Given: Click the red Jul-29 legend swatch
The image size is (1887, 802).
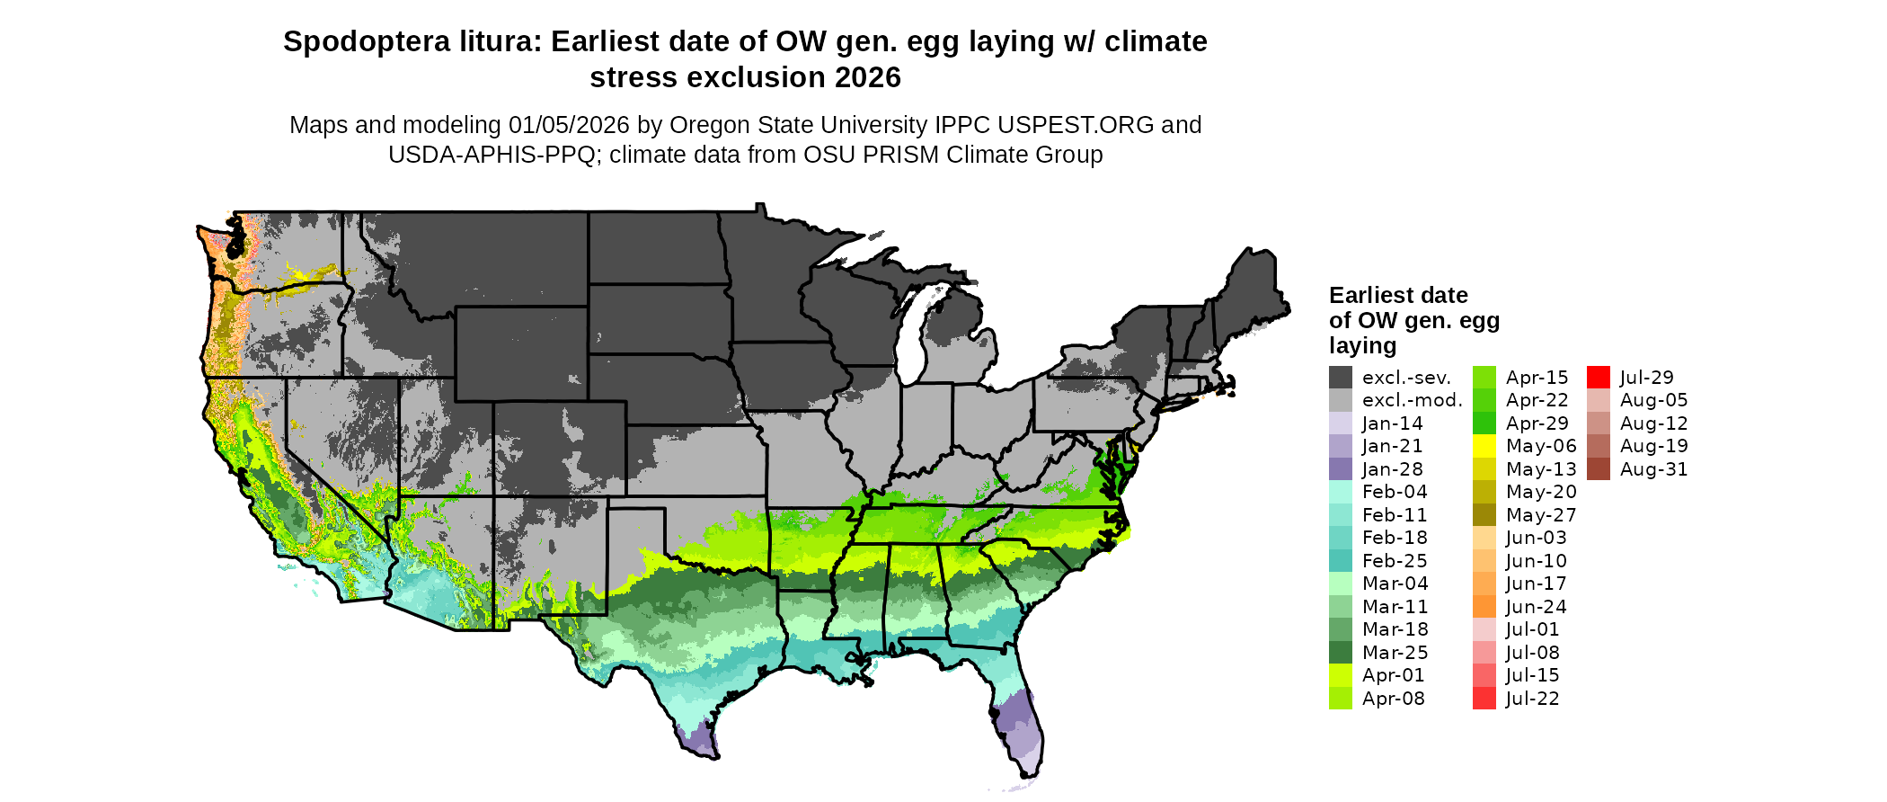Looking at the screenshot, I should click(x=1598, y=378).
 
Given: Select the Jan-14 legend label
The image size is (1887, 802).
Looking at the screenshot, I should click(x=1392, y=423).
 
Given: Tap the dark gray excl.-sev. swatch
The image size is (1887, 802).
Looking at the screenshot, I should click(x=1340, y=378).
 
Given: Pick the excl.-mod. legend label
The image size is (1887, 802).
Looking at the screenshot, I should click(x=1412, y=400).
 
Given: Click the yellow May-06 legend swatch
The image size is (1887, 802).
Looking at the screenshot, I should click(x=1484, y=446).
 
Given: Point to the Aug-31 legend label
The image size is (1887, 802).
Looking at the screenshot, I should click(x=1653, y=469).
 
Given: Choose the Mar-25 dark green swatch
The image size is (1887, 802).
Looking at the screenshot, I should click(x=1340, y=653).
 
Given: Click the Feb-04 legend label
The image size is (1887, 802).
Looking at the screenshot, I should click(x=1394, y=492).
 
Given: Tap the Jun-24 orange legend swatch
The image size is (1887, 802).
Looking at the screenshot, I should click(x=1484, y=607).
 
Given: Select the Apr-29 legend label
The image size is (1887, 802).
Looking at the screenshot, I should click(x=1537, y=423).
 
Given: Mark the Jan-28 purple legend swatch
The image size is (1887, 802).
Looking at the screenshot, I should click(x=1340, y=469).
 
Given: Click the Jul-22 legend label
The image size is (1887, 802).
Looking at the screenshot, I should click(x=1532, y=699).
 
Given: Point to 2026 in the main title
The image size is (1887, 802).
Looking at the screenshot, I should click(x=867, y=78).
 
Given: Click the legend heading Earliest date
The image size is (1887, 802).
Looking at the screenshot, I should click(x=1398, y=295).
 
